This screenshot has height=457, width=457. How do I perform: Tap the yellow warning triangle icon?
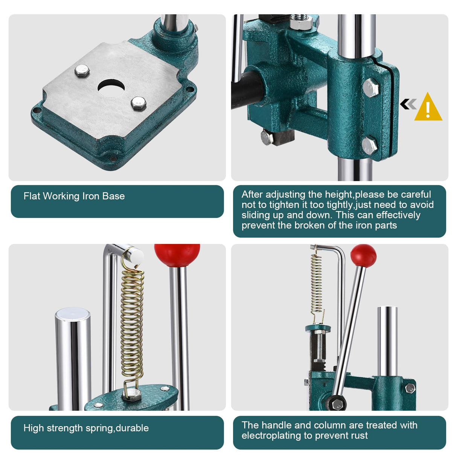[428, 108]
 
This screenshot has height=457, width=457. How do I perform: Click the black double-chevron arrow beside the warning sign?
[408, 104]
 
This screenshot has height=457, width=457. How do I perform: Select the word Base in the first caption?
[114, 196]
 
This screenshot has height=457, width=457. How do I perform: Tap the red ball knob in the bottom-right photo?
[363, 256]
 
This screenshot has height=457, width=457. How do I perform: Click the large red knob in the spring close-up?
[177, 254]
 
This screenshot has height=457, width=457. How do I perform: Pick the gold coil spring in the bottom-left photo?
[133, 324]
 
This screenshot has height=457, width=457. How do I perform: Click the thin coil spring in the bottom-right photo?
[317, 282]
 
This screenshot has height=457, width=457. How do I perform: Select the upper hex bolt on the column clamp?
[371, 88]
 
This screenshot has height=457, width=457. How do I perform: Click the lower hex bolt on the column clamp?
[369, 145]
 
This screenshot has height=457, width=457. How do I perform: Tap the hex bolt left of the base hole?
[82, 71]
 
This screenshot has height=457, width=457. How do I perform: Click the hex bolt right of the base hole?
[138, 103]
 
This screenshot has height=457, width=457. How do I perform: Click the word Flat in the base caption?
[32, 196]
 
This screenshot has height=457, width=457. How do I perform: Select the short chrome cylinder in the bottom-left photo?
[73, 358]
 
